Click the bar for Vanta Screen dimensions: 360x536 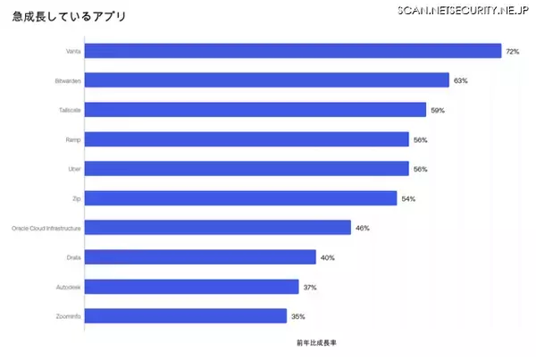(293, 51)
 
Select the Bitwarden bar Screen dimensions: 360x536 (267, 80)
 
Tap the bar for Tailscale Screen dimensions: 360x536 (255, 110)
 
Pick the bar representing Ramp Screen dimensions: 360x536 (247, 139)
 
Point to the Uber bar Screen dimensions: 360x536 (247, 169)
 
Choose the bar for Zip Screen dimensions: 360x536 (241, 197)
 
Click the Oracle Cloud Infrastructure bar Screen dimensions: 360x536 (217, 228)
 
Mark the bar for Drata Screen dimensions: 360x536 (200, 257)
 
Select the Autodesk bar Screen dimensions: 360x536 (192, 286)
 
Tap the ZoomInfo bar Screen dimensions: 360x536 (186, 315)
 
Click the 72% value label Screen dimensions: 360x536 (512, 52)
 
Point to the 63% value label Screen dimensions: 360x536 (460, 81)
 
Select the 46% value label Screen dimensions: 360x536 (362, 228)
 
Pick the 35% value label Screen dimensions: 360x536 (298, 316)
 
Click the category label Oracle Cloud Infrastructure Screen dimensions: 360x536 (46, 229)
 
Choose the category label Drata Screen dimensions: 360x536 (73, 257)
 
